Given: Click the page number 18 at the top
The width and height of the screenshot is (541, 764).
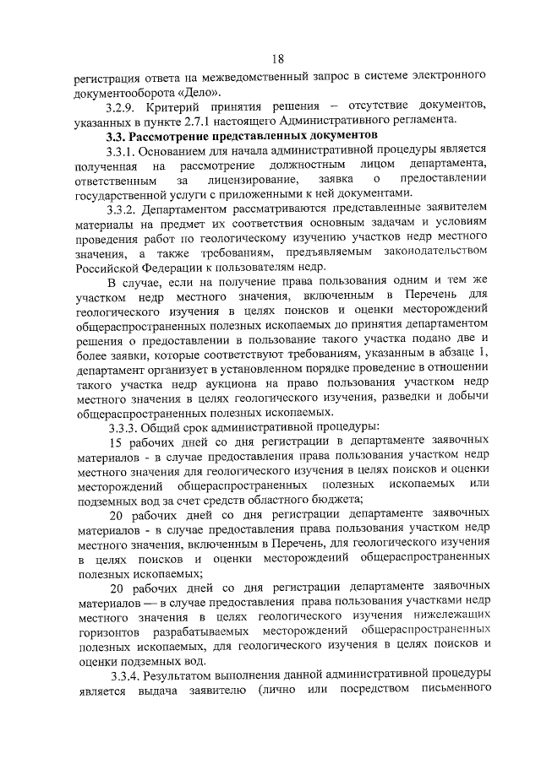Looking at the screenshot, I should coord(278,58).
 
